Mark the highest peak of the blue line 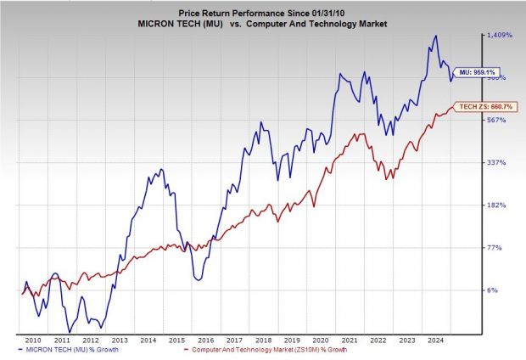(x=435, y=36)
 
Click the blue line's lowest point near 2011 (x=70, y=331)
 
